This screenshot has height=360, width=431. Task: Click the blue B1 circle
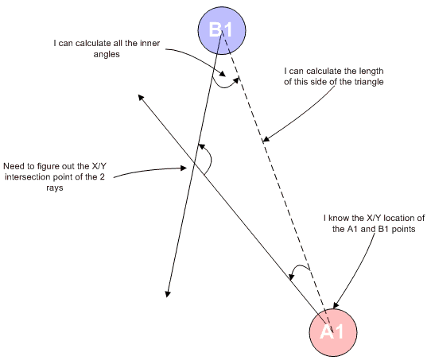pos(222,30)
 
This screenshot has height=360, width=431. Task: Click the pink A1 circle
pos(333,332)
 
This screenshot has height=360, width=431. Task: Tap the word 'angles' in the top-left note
pos(107,54)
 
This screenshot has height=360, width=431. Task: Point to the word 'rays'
pos(55,188)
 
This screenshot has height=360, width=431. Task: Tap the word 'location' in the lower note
pos(399,218)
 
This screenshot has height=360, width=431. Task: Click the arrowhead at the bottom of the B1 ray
pos(168,294)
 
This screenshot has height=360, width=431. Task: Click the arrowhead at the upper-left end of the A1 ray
pos(141,98)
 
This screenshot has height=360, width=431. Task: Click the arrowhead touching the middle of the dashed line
pos(266,139)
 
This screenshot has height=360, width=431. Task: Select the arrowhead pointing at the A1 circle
pos(336,305)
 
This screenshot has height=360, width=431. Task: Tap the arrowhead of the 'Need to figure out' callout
pos(184,168)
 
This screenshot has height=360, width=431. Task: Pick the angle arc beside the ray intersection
pos(211,159)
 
